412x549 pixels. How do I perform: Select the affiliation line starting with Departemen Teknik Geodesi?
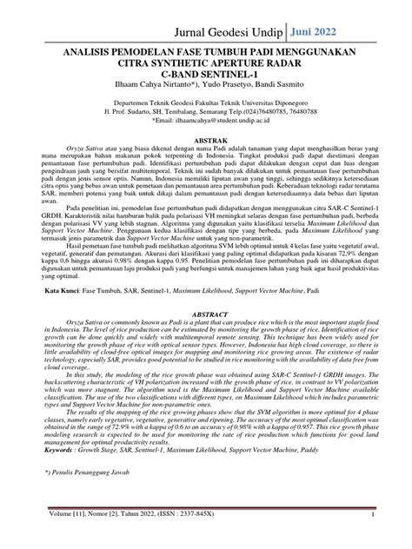[x=205, y=115]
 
